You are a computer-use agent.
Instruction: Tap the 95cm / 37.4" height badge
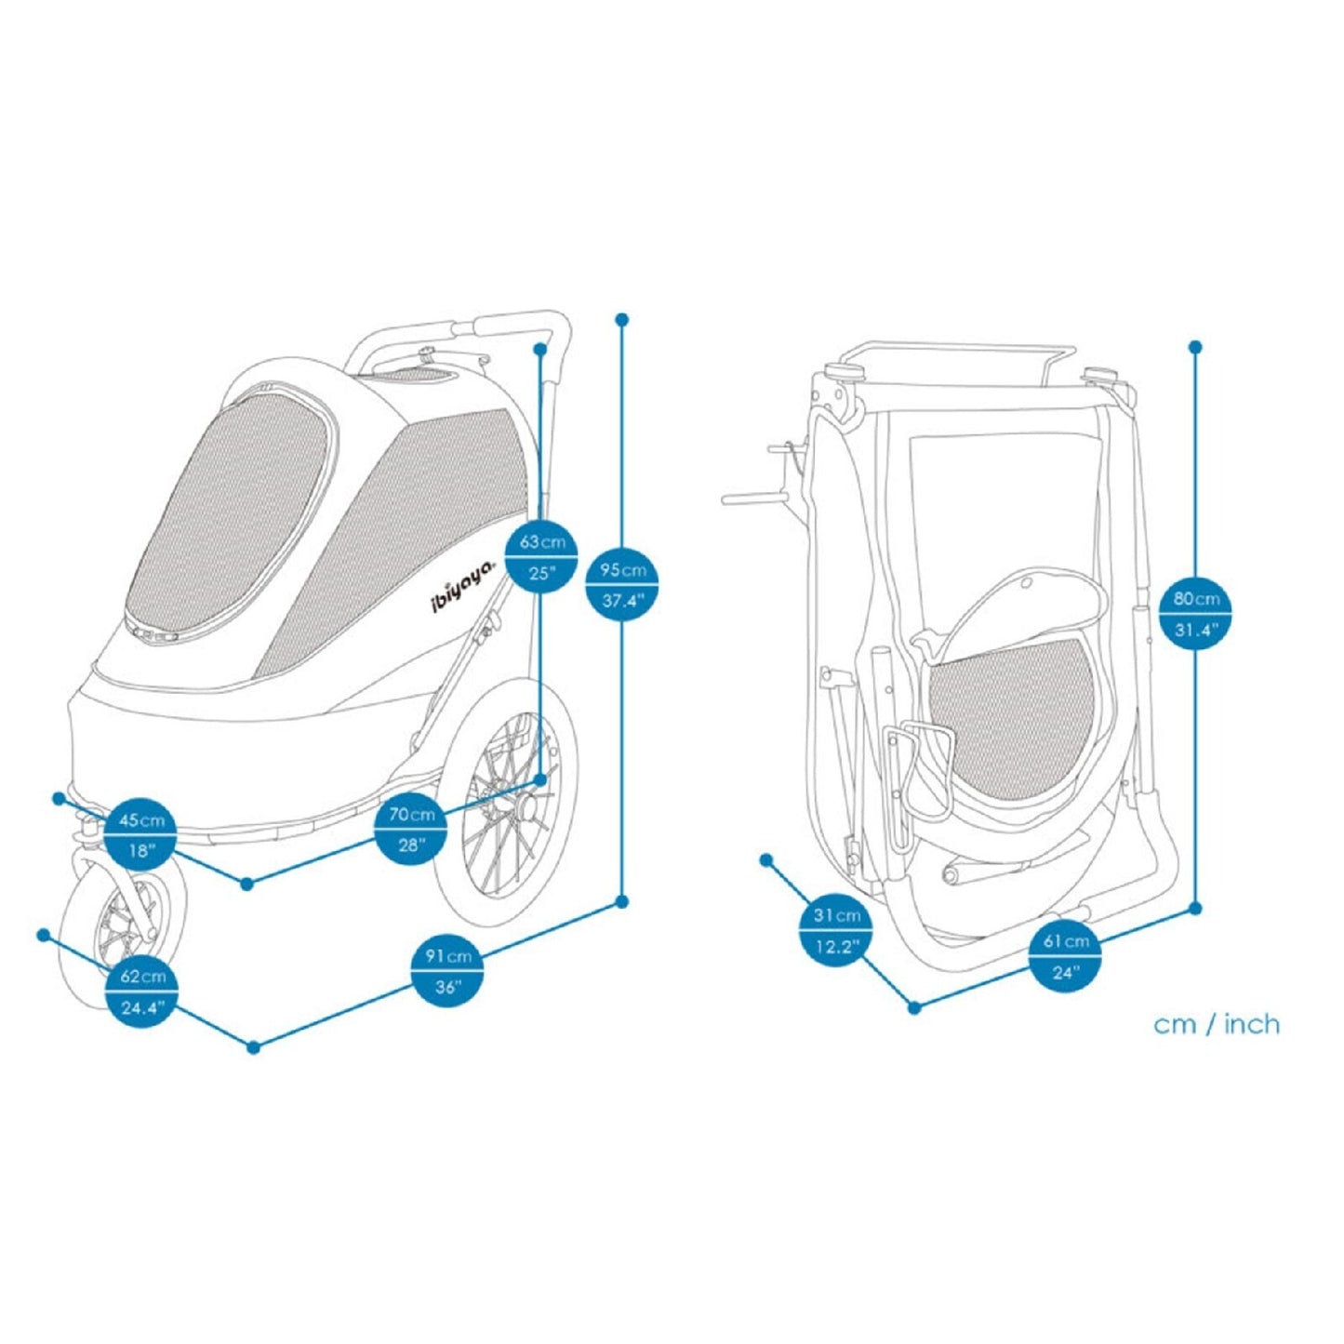621,583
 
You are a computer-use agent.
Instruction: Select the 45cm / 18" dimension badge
140,833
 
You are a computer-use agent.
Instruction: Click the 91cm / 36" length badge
447,970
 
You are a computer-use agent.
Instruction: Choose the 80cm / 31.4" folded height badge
1195,613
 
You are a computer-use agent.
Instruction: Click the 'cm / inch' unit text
1216,1025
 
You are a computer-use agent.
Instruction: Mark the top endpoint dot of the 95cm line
622,319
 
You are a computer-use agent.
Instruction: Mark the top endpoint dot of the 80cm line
1196,347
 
